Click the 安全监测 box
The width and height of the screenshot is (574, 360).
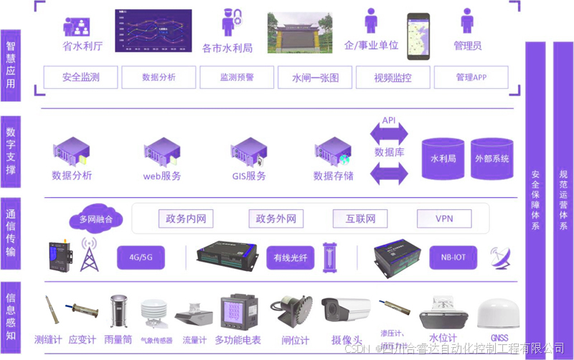coord(80,77)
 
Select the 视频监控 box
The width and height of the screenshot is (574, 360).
coord(393,77)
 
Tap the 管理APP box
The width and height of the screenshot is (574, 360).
coord(471,77)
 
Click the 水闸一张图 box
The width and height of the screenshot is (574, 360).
coord(315,77)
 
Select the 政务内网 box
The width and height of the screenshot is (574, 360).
coord(186,219)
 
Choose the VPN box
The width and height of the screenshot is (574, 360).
coord(443,219)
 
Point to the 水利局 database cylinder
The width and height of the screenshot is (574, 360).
coord(443,158)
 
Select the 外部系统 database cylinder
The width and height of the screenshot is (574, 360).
coord(491,158)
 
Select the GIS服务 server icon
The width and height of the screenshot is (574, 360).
coord(248,152)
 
